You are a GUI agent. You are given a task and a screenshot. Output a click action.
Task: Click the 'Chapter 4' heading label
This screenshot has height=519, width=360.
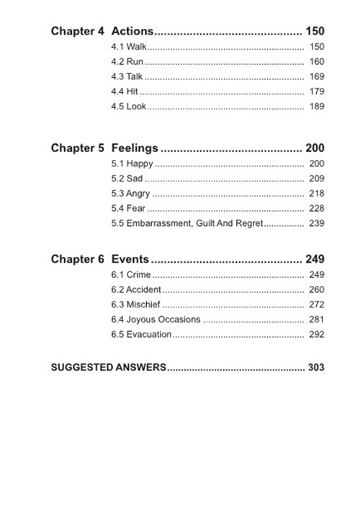coord(77,31)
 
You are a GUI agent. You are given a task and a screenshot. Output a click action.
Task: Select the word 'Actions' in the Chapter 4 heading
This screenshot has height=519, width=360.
coord(132,31)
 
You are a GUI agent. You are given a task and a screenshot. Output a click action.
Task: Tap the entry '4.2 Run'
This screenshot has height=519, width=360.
coord(125,62)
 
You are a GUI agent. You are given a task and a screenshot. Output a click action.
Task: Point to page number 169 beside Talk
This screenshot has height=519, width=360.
coord(316,76)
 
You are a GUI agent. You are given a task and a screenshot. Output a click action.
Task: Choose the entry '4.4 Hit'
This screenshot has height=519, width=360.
coord(124,91)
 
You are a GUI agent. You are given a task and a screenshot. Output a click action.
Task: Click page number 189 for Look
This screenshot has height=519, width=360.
coord(316,107)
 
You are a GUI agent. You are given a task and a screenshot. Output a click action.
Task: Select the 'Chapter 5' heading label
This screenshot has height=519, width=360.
coord(77,148)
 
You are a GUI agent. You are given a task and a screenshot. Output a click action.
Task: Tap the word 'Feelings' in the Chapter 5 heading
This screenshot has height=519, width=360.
coord(135,148)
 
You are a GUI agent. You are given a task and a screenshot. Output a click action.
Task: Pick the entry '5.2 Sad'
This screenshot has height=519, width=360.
coord(125,179)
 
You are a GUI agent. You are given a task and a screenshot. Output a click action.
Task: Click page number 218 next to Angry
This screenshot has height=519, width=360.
coord(316,194)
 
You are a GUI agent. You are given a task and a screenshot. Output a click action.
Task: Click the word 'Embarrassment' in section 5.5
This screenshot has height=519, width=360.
coord(159,224)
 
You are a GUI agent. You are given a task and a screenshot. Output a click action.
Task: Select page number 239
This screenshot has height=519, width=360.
coord(316,224)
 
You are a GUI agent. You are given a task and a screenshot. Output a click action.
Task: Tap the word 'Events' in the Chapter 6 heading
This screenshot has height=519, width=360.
coord(130,259)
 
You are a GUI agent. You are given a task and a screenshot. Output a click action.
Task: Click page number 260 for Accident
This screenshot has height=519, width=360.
coord(316,290)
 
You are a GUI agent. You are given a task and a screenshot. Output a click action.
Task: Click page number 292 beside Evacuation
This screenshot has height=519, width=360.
coord(316,335)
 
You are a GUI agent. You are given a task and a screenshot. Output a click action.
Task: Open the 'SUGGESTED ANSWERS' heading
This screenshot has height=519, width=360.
coord(109,367)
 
